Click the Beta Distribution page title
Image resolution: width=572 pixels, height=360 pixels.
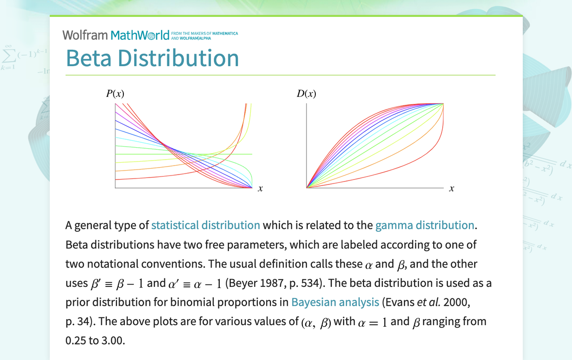click(x=153, y=58)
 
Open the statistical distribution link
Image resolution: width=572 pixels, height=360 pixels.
click(x=206, y=225)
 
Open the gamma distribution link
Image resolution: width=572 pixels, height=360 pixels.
click(x=425, y=225)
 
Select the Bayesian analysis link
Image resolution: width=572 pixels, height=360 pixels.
click(x=335, y=302)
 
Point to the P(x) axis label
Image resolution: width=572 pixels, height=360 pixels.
click(x=115, y=94)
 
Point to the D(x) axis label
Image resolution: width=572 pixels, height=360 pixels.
click(x=306, y=94)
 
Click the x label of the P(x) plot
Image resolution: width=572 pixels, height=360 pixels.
click(x=260, y=188)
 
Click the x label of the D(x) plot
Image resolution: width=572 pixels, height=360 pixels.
click(x=452, y=188)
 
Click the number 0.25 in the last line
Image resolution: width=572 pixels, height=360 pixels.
click(x=76, y=341)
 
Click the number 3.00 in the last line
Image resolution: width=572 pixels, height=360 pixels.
click(x=112, y=341)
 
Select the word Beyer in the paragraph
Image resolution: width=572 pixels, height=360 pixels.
click(x=241, y=283)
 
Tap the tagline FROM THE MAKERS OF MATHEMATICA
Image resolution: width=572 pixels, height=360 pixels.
click(x=204, y=33)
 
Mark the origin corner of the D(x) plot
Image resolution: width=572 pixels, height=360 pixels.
click(x=307, y=188)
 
